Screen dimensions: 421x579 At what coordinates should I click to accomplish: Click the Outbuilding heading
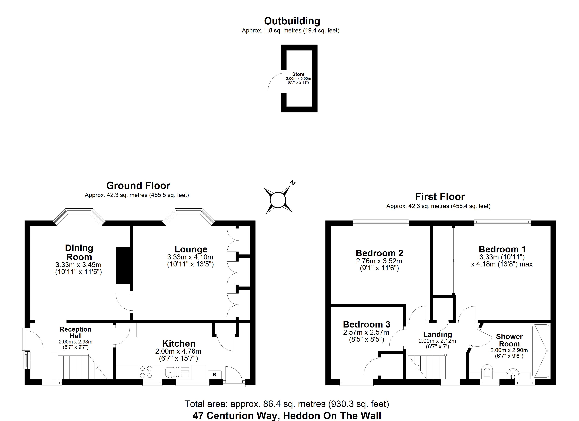pyautogui.click(x=292, y=21)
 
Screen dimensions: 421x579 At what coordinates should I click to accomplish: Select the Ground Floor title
pyautogui.click(x=138, y=185)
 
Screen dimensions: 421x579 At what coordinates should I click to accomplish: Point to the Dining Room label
pyautogui.click(x=79, y=252)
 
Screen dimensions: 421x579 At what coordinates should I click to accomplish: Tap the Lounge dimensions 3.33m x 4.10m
pyautogui.click(x=190, y=257)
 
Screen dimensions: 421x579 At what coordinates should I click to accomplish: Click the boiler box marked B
pyautogui.click(x=214, y=375)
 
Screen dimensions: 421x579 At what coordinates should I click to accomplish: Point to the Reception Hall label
pyautogui.click(x=76, y=332)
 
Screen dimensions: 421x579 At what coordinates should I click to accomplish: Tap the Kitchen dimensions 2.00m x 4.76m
pyautogui.click(x=178, y=351)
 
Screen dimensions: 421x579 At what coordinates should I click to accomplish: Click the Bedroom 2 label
pyautogui.click(x=379, y=253)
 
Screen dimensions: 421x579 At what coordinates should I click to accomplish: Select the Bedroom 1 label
pyautogui.click(x=502, y=249)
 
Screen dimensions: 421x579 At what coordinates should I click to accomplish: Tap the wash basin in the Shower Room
pyautogui.click(x=512, y=374)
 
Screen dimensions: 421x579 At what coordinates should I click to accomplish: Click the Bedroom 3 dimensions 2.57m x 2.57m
pyautogui.click(x=366, y=332)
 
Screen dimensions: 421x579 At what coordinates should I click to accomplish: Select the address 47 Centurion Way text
pyautogui.click(x=287, y=416)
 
